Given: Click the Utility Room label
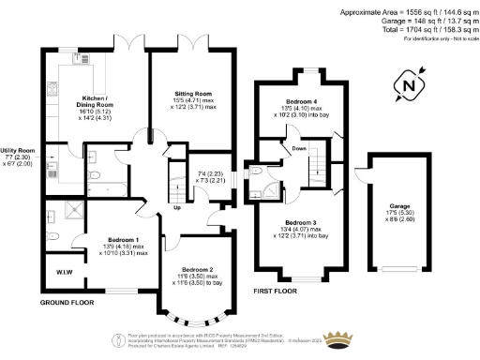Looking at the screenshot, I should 18,150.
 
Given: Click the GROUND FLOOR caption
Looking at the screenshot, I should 67,305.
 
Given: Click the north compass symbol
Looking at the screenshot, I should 406,86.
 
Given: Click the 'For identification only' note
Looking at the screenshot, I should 436,38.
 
